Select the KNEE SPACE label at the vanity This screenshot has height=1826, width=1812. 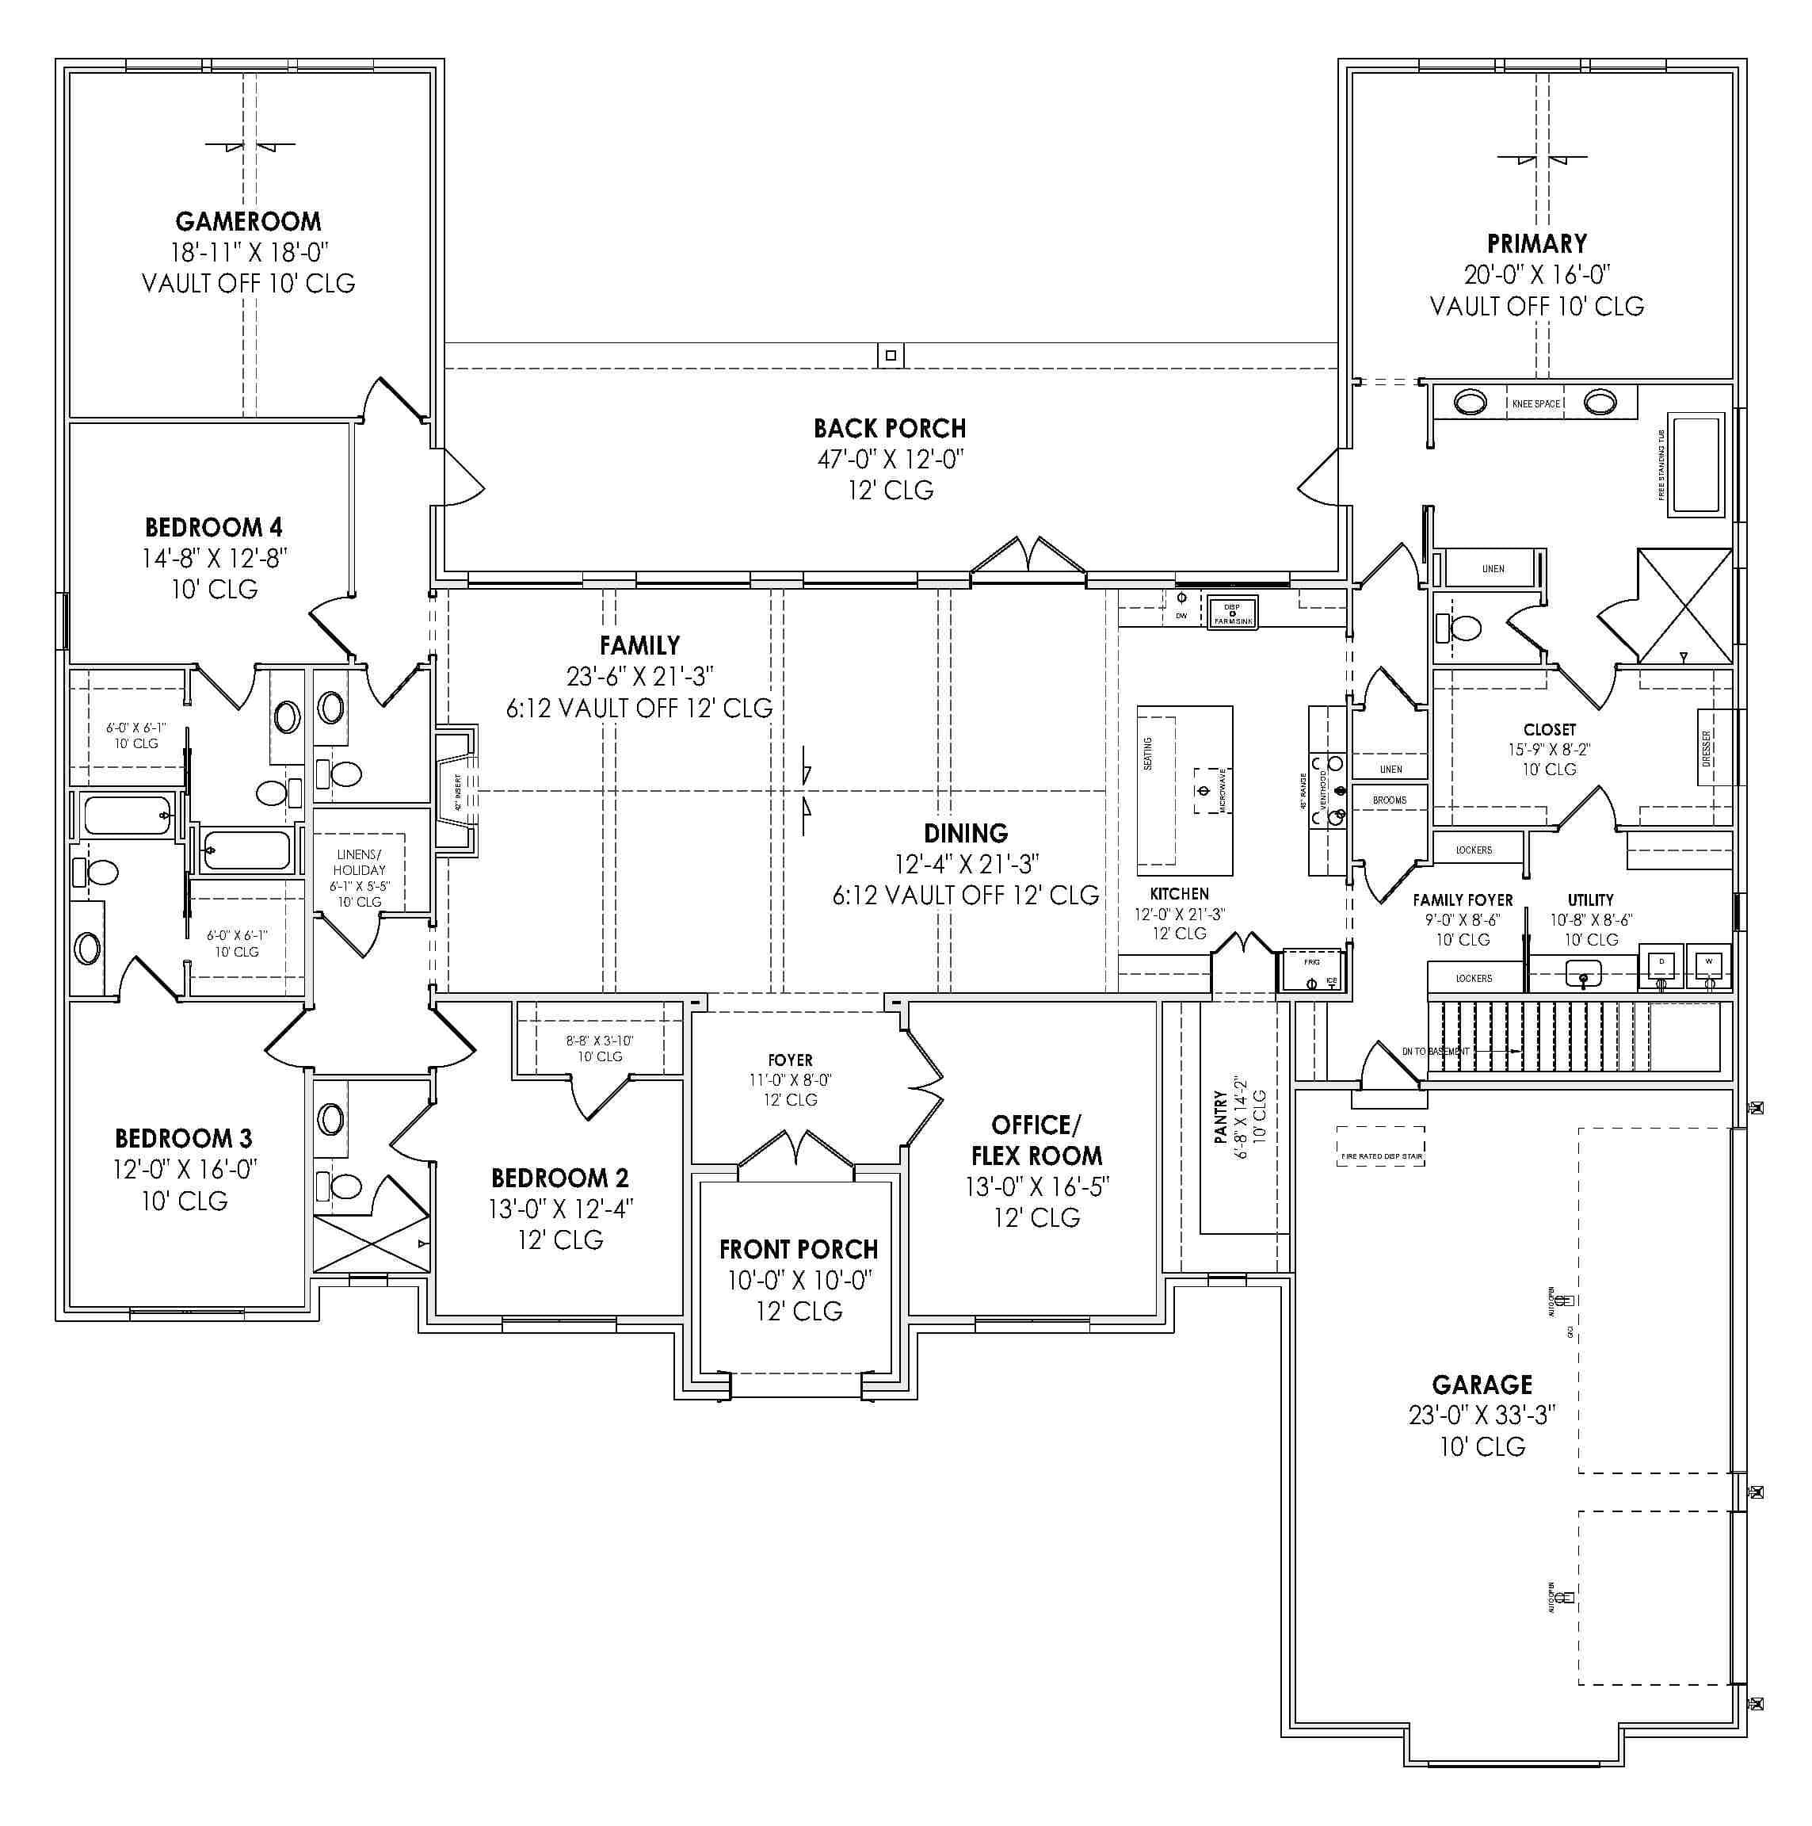[1535, 403]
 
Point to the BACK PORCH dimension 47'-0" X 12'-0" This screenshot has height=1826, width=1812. [890, 460]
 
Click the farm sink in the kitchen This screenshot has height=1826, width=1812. [1233, 613]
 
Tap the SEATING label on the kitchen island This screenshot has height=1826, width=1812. [1149, 753]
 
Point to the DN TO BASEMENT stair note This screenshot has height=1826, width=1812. [1435, 1051]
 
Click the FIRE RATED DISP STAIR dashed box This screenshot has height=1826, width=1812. [1380, 1145]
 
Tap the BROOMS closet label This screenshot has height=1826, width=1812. [1389, 800]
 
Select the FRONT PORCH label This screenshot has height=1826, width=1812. [799, 1250]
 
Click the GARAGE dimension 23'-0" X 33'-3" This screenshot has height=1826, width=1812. [1482, 1415]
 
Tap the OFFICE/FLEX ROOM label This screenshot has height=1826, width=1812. [1036, 1140]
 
